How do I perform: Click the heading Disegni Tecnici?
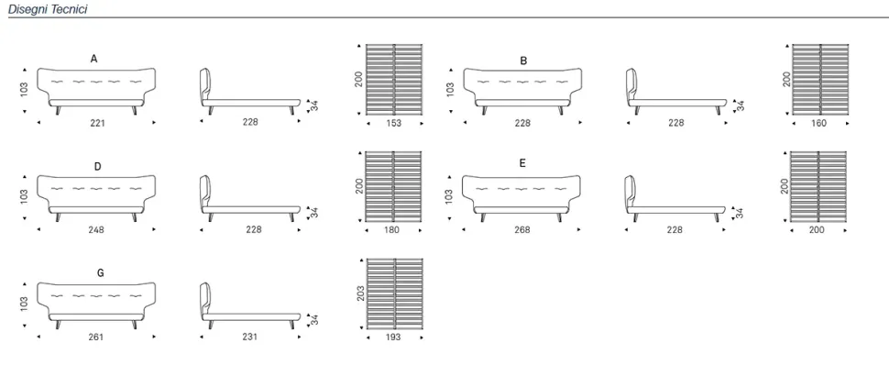click(x=48, y=9)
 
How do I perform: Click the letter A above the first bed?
click(x=94, y=59)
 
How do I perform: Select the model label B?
click(x=523, y=61)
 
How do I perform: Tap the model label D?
click(x=97, y=167)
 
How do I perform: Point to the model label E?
click(x=522, y=163)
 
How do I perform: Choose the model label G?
click(x=100, y=272)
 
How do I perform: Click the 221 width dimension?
click(x=97, y=123)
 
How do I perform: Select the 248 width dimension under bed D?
click(x=96, y=229)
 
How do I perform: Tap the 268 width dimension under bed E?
click(x=522, y=229)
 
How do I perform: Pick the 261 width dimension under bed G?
click(x=96, y=337)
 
